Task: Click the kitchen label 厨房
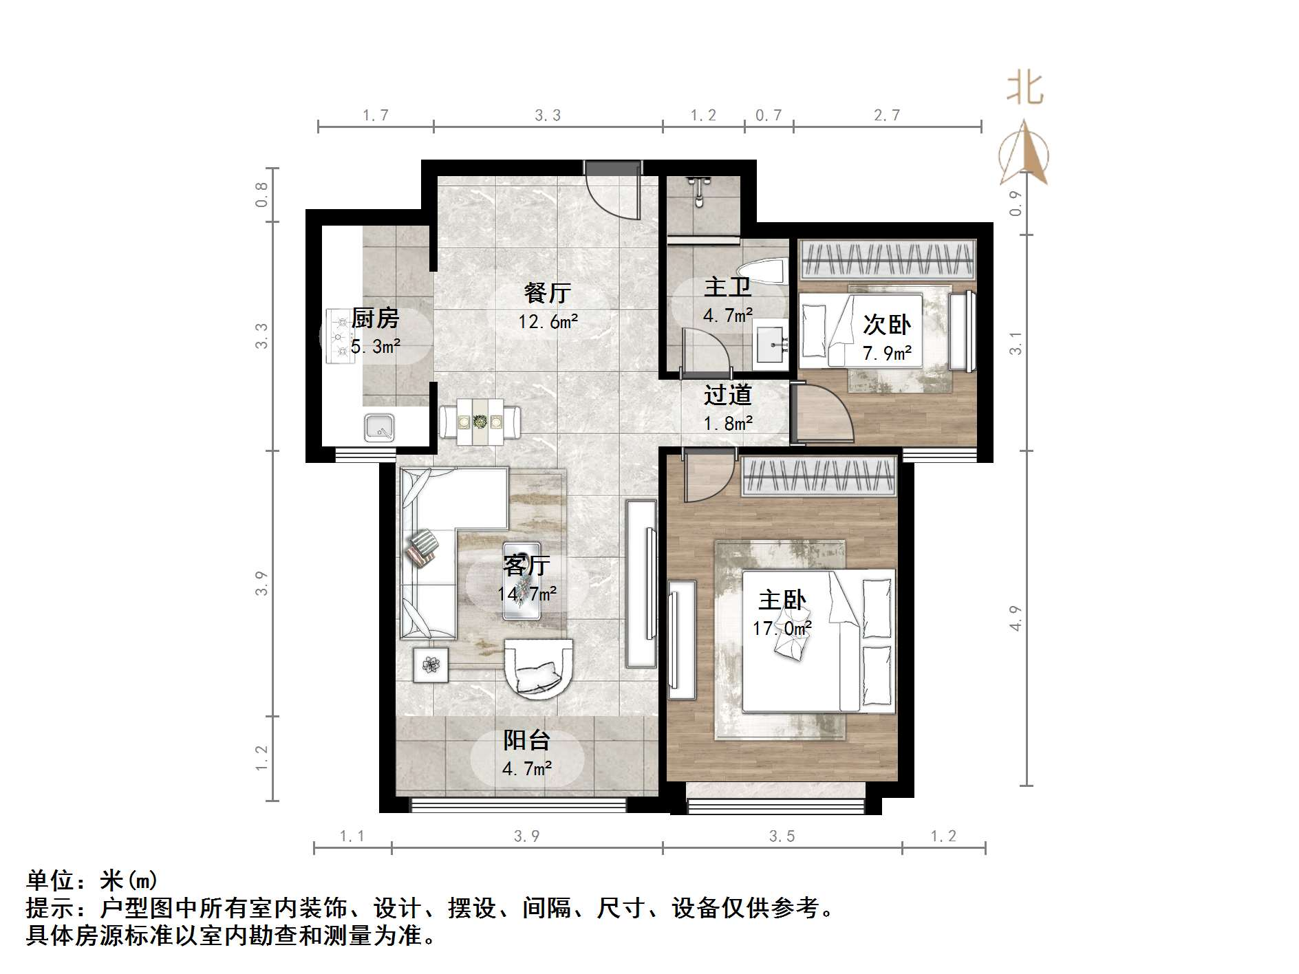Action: pos(375,318)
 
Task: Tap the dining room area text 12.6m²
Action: pos(548,321)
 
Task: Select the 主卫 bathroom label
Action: pos(727,287)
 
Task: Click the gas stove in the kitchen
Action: pos(339,336)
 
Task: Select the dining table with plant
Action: pos(480,420)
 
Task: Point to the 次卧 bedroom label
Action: pos(887,324)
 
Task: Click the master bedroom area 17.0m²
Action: pos(782,629)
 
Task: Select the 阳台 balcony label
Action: pos(526,740)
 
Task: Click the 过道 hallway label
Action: pos(727,395)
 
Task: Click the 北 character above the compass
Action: pos(1024,89)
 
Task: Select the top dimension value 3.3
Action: pos(548,115)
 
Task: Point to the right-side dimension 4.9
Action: pos(1016,618)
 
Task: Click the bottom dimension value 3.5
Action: pos(782,836)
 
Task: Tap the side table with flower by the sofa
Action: pos(431,664)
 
